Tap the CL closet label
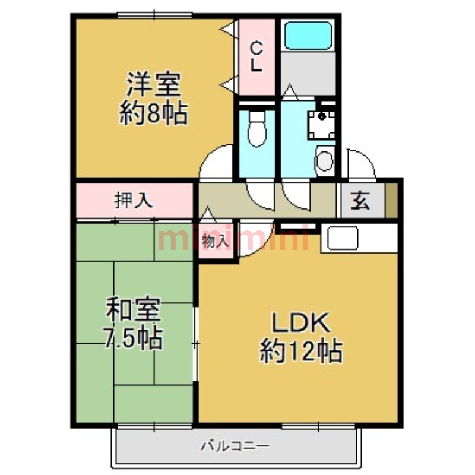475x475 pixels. click(x=256, y=56)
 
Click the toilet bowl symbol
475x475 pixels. click(x=257, y=131)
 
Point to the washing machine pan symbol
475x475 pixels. click(x=321, y=123)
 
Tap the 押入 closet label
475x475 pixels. click(x=134, y=201)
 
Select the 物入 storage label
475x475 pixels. click(x=215, y=241)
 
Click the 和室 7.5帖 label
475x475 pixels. click(x=134, y=324)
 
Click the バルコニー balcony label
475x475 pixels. click(x=235, y=445)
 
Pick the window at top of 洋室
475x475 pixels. click(x=154, y=15)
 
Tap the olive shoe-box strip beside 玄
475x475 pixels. click(x=392, y=201)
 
